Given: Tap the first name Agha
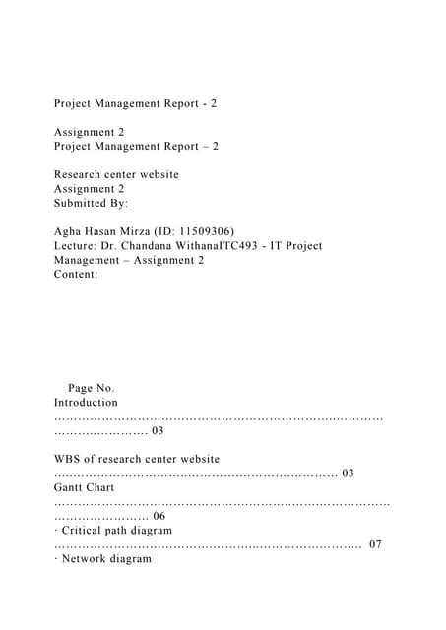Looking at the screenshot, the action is (69, 231).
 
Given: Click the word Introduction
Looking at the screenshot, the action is (86, 403).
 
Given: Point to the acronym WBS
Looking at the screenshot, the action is (67, 459).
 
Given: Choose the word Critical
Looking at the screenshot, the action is (86, 530).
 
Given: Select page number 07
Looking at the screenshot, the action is (375, 544).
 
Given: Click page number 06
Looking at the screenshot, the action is (158, 516).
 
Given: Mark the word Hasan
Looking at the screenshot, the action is (105, 231).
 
